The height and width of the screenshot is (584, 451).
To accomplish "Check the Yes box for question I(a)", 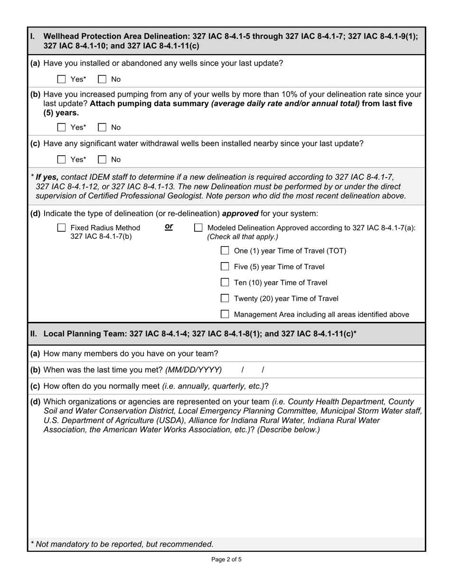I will pyautogui.click(x=61, y=79).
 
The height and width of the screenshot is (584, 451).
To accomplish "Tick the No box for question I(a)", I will pyautogui.click(x=102, y=79).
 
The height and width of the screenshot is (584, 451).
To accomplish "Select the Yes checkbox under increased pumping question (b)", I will pyautogui.click(x=61, y=127).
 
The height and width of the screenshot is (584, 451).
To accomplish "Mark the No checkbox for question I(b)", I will pyautogui.click(x=102, y=127).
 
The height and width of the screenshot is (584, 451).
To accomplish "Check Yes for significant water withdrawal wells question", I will pyautogui.click(x=61, y=160).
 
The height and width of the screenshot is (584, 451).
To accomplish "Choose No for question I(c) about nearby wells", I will pyautogui.click(x=102, y=160).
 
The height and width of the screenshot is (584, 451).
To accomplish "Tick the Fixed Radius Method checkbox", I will pyautogui.click(x=61, y=228).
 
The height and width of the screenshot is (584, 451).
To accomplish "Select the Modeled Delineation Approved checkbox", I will pyautogui.click(x=198, y=228).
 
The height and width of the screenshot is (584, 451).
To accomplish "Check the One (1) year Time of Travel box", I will pyautogui.click(x=225, y=251).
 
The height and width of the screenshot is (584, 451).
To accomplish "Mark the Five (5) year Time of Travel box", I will pyautogui.click(x=225, y=267).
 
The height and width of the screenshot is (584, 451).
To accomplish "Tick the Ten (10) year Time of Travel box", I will pyautogui.click(x=225, y=283).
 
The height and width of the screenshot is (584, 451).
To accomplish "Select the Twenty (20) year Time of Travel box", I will pyautogui.click(x=225, y=299).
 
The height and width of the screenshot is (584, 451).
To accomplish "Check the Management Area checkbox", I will pyautogui.click(x=225, y=314).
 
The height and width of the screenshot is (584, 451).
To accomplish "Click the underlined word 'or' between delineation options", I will pyautogui.click(x=169, y=227).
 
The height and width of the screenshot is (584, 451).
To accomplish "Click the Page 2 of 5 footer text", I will pyautogui.click(x=226, y=559).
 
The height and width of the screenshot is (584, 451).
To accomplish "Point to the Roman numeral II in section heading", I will pyautogui.click(x=33, y=334).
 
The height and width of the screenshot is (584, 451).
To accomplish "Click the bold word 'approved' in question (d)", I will pyautogui.click(x=240, y=213).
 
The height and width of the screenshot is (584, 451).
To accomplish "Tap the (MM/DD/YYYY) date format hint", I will pyautogui.click(x=193, y=370).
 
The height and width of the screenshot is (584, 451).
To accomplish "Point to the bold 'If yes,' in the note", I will pyautogui.click(x=47, y=177).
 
